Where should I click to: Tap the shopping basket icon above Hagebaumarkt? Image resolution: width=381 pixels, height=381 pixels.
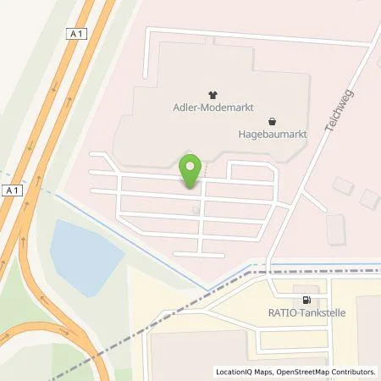271,120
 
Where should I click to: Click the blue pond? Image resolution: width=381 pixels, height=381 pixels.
85,252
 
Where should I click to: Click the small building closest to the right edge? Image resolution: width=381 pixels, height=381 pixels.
369,199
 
